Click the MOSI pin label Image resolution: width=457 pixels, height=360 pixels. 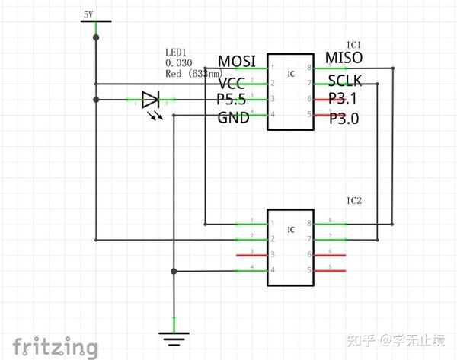tap(237, 61)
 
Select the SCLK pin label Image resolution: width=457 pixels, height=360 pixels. tap(344, 81)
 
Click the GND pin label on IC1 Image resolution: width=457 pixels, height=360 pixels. tap(233, 118)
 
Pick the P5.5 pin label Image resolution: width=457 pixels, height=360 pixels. tap(232, 100)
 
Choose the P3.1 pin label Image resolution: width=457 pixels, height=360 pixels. tap(344, 99)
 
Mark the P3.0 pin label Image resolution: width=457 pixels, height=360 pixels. tap(344, 119)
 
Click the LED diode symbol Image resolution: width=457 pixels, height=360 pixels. tap(150, 100)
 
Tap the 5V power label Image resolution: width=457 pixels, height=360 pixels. tap(88, 14)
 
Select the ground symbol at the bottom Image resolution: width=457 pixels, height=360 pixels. tap(174, 333)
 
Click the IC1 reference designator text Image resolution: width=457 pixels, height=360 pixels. tap(353, 44)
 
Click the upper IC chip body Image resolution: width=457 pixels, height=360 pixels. tap(290, 91)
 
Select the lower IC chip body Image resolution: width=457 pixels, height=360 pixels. tap(290, 247)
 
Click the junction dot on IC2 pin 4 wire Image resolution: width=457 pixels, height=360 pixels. tap(174, 271)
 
